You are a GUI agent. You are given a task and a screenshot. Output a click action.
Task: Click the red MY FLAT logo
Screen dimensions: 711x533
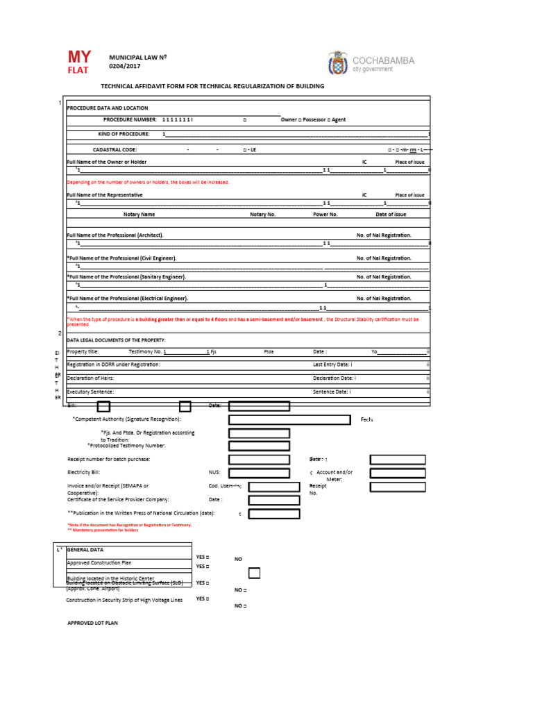pyautogui.click(x=77, y=62)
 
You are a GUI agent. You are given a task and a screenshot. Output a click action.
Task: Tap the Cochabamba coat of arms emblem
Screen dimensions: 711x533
pyautogui.click(x=338, y=63)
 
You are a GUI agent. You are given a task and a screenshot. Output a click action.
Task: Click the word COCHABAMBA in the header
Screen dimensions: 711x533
pyautogui.click(x=383, y=60)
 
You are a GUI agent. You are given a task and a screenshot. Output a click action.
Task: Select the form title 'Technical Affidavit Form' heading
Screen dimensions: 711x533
pyautogui.click(x=212, y=86)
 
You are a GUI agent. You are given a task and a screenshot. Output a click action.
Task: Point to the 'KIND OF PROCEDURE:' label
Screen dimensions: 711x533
pyautogui.click(x=124, y=133)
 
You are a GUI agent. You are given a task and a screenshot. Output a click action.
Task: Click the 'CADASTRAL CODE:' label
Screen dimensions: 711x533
pyautogui.click(x=115, y=149)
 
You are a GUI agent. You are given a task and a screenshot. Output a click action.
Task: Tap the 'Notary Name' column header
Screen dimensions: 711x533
pyautogui.click(x=139, y=215)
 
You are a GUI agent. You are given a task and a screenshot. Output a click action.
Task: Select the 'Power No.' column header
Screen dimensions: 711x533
pyautogui.click(x=325, y=215)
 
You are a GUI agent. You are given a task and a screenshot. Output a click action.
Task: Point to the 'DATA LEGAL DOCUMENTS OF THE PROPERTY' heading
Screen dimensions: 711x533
pyautogui.click(x=116, y=340)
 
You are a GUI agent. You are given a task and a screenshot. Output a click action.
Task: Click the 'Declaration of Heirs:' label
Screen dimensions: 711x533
pyautogui.click(x=90, y=378)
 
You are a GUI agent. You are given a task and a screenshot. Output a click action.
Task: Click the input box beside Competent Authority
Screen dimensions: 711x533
pyautogui.click(x=289, y=419)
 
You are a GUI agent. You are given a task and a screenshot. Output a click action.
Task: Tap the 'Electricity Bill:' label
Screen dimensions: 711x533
pyautogui.click(x=83, y=472)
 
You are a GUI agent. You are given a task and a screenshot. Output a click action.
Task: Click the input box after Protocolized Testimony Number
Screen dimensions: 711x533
pyautogui.click(x=259, y=446)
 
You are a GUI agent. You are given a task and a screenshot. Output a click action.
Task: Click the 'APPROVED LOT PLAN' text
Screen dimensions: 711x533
pyautogui.click(x=92, y=623)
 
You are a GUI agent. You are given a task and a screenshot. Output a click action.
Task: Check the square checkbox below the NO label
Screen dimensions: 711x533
pyautogui.click(x=254, y=573)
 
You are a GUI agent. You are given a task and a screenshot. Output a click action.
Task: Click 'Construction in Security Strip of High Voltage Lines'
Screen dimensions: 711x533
pyautogui.click(x=124, y=600)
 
